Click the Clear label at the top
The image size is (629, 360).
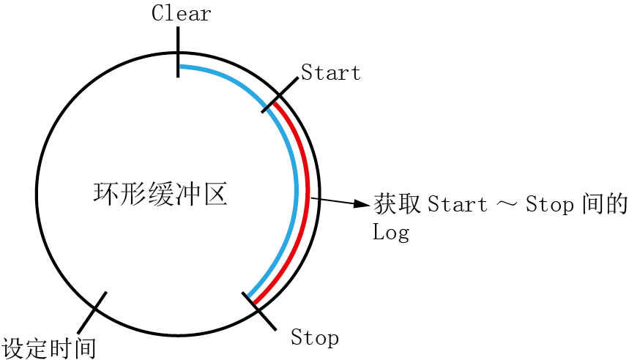pos(182,13)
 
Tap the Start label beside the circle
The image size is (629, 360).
pos(331,72)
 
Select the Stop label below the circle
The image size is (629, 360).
pos(315,337)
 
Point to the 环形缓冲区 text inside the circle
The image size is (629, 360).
pos(161,193)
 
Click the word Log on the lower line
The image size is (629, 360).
pos(390,232)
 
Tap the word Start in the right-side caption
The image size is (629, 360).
pos(458,204)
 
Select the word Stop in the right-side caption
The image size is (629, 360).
pos(549,204)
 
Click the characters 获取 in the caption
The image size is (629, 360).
pos(397,203)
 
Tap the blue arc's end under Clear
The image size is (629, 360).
pos(181,67)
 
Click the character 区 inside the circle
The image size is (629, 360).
pos(215,193)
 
